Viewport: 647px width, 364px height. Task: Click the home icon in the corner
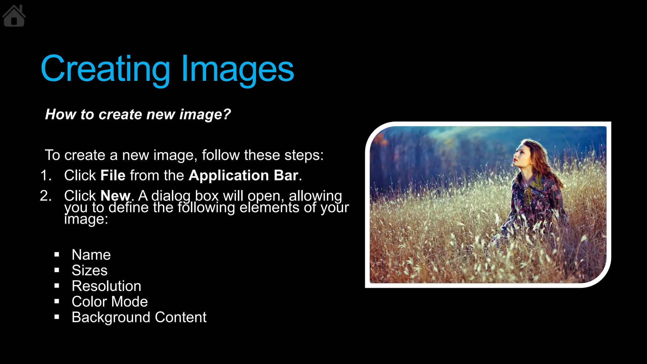coord(14,16)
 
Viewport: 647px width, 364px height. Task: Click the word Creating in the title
coord(105,69)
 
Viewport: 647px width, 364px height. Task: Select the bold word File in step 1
coord(113,175)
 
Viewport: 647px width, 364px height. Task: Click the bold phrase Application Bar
coord(243,175)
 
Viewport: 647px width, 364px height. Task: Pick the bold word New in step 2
coord(115,196)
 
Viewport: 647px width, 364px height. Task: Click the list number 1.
coord(45,176)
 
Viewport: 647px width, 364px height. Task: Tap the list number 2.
coord(45,196)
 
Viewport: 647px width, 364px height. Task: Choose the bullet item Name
coord(91,255)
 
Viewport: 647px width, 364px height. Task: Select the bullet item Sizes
coord(89,270)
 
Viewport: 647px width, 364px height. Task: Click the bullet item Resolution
coord(106,286)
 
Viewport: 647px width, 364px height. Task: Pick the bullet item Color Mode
coord(109,302)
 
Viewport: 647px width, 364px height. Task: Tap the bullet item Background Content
coord(139,317)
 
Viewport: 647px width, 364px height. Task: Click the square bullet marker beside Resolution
coord(57,286)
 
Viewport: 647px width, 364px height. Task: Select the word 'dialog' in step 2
coord(171,196)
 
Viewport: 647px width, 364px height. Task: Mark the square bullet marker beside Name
coord(57,255)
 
